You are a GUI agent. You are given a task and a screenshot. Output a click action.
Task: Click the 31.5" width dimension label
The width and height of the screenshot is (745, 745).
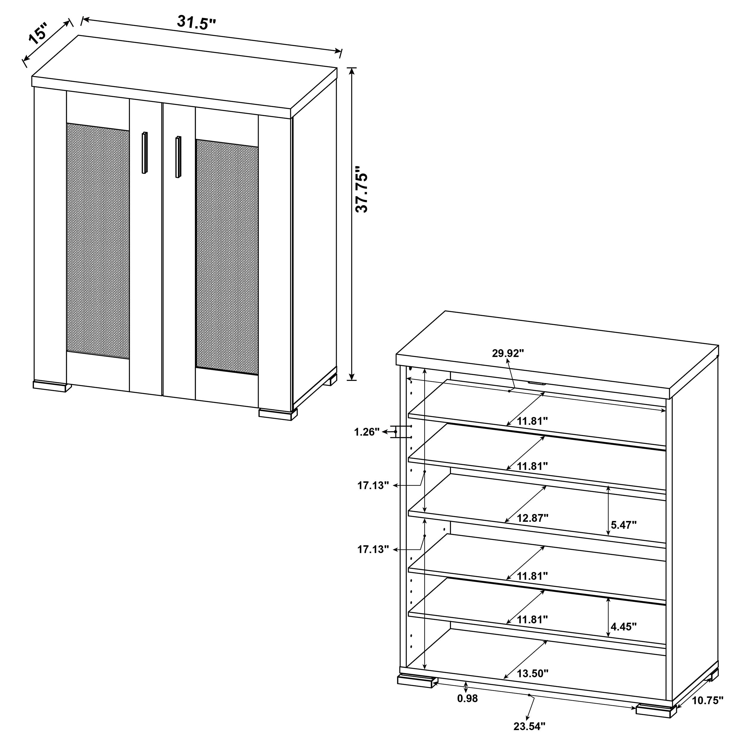pos(196,23)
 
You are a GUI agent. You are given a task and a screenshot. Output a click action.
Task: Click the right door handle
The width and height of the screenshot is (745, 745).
pos(178,156)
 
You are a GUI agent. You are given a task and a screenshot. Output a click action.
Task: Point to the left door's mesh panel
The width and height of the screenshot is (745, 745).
pos(98,241)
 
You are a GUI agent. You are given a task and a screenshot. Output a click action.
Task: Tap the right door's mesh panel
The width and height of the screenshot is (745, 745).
pos(227,257)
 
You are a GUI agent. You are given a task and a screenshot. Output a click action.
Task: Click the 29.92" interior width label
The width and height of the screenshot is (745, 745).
pos(508,353)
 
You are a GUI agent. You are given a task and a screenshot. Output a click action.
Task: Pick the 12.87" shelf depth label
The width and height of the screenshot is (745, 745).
pos(533,518)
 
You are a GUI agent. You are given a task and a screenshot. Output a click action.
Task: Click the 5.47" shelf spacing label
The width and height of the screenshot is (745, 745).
pos(623,524)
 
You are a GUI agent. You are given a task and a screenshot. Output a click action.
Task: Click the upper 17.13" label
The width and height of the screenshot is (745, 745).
pos(373,485)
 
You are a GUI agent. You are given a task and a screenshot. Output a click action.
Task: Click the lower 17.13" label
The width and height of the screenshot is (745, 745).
pos(373,550)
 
